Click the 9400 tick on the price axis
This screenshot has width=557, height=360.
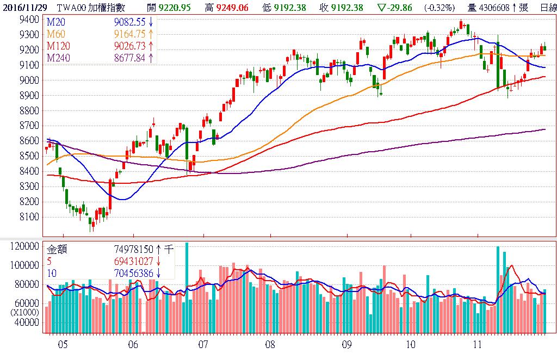click(x=28, y=20)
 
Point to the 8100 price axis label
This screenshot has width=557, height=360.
click(x=28, y=217)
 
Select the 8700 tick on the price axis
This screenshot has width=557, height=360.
click(x=28, y=126)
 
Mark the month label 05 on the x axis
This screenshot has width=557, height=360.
click(x=63, y=344)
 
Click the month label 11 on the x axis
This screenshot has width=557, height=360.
click(x=478, y=344)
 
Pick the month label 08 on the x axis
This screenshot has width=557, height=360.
click(x=270, y=344)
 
